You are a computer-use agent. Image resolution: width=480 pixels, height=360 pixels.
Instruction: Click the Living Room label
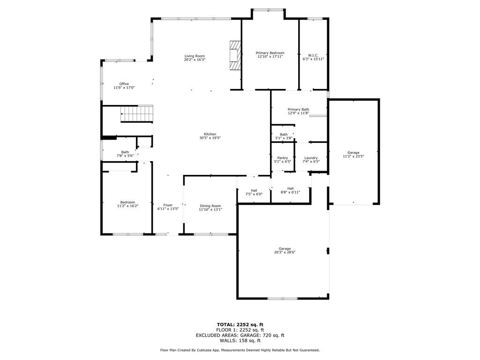click(195, 56)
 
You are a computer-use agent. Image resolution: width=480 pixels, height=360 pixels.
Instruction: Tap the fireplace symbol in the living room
click(235, 55)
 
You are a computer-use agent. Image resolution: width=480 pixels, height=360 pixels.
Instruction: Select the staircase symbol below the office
click(137, 114)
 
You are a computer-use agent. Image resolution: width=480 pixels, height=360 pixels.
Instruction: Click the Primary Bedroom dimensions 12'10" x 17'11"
click(270, 57)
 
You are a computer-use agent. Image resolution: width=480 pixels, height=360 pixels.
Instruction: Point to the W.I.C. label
click(313, 55)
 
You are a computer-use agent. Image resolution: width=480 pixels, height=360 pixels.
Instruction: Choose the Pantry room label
click(282, 158)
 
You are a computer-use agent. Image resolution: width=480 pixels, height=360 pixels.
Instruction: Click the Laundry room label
click(311, 158)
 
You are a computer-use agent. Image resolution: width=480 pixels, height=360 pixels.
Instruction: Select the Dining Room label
click(210, 206)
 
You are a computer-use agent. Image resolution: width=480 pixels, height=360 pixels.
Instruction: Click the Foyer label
click(168, 205)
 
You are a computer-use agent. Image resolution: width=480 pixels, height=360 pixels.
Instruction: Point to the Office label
click(124, 84)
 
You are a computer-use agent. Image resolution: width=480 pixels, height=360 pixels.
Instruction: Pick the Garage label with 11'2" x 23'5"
click(353, 152)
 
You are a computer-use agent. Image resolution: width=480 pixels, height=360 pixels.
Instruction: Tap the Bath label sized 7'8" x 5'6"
click(125, 152)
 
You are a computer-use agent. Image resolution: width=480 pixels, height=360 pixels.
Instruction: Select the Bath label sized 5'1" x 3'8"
click(284, 135)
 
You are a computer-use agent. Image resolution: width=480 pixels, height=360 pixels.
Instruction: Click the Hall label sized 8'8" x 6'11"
click(290, 188)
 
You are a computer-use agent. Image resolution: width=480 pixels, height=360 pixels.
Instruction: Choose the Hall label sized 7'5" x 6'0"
click(254, 190)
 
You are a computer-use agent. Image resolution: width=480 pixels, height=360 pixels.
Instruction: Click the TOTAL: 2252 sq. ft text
click(240, 324)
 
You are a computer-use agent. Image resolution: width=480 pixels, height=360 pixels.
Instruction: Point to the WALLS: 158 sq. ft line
click(240, 340)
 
